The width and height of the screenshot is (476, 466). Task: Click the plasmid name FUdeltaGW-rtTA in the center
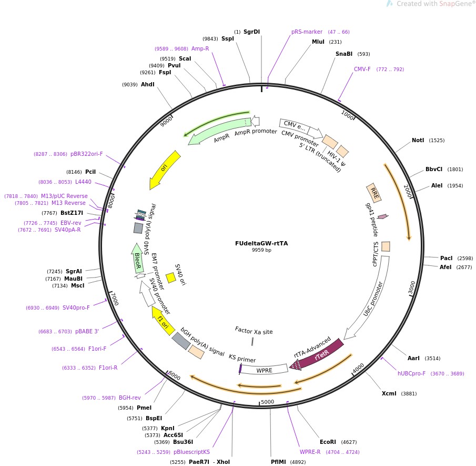point(261,243)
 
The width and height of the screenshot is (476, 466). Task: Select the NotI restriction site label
point(418,141)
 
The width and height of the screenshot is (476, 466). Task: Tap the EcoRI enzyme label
point(328,442)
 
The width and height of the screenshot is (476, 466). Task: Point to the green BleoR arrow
point(137,258)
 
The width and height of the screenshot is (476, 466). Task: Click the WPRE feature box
point(264,370)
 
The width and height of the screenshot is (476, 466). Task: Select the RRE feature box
point(374,192)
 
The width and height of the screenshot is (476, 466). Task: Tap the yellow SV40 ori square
point(170,277)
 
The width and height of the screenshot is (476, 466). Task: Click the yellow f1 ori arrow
point(163,321)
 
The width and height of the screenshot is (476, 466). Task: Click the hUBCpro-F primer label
point(413,374)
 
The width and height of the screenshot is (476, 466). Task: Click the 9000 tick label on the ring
point(166,121)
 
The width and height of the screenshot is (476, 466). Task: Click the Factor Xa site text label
point(254,331)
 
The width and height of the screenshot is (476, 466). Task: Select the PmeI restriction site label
point(144,408)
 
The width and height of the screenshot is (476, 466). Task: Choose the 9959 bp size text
point(261,250)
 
